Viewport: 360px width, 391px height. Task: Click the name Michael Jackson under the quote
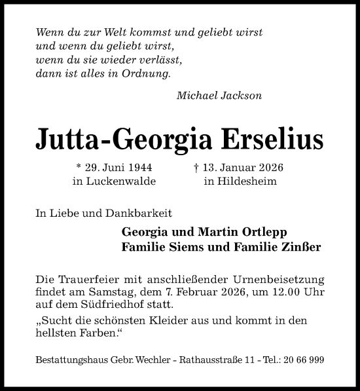pos(219,96)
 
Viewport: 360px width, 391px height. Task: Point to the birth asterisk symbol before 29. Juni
pos(79,167)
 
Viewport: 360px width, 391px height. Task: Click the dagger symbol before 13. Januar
pos(196,168)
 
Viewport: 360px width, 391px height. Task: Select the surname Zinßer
pos(302,248)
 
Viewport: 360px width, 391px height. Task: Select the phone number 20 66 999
pos(302,361)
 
